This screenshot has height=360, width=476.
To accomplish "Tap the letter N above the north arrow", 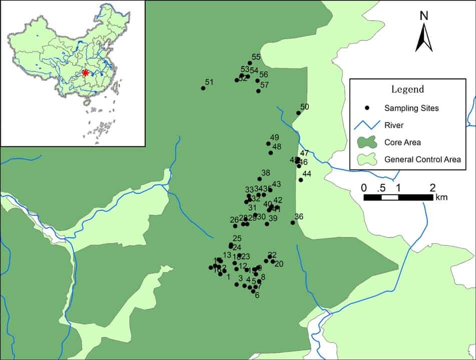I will point(424,15).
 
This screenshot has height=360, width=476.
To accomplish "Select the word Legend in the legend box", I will point(407,89).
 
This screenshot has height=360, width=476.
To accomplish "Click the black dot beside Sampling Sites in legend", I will point(367,107).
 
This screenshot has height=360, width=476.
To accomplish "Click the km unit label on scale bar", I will point(441,197).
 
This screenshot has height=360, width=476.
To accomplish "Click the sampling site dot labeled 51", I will point(203,88).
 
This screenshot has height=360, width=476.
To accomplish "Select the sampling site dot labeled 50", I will point(298,113).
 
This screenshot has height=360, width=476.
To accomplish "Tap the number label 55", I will point(256,57).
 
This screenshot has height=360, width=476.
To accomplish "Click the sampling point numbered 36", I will point(293,222).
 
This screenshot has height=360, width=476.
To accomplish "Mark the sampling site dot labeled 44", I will point(301,179).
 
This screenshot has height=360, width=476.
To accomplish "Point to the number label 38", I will point(266,173).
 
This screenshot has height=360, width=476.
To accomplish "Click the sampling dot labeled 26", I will point(235,226).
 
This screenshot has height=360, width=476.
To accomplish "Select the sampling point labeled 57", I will point(258,91).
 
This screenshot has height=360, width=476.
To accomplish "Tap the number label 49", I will point(274,137).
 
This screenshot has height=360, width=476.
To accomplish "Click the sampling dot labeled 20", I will point(273,261).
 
